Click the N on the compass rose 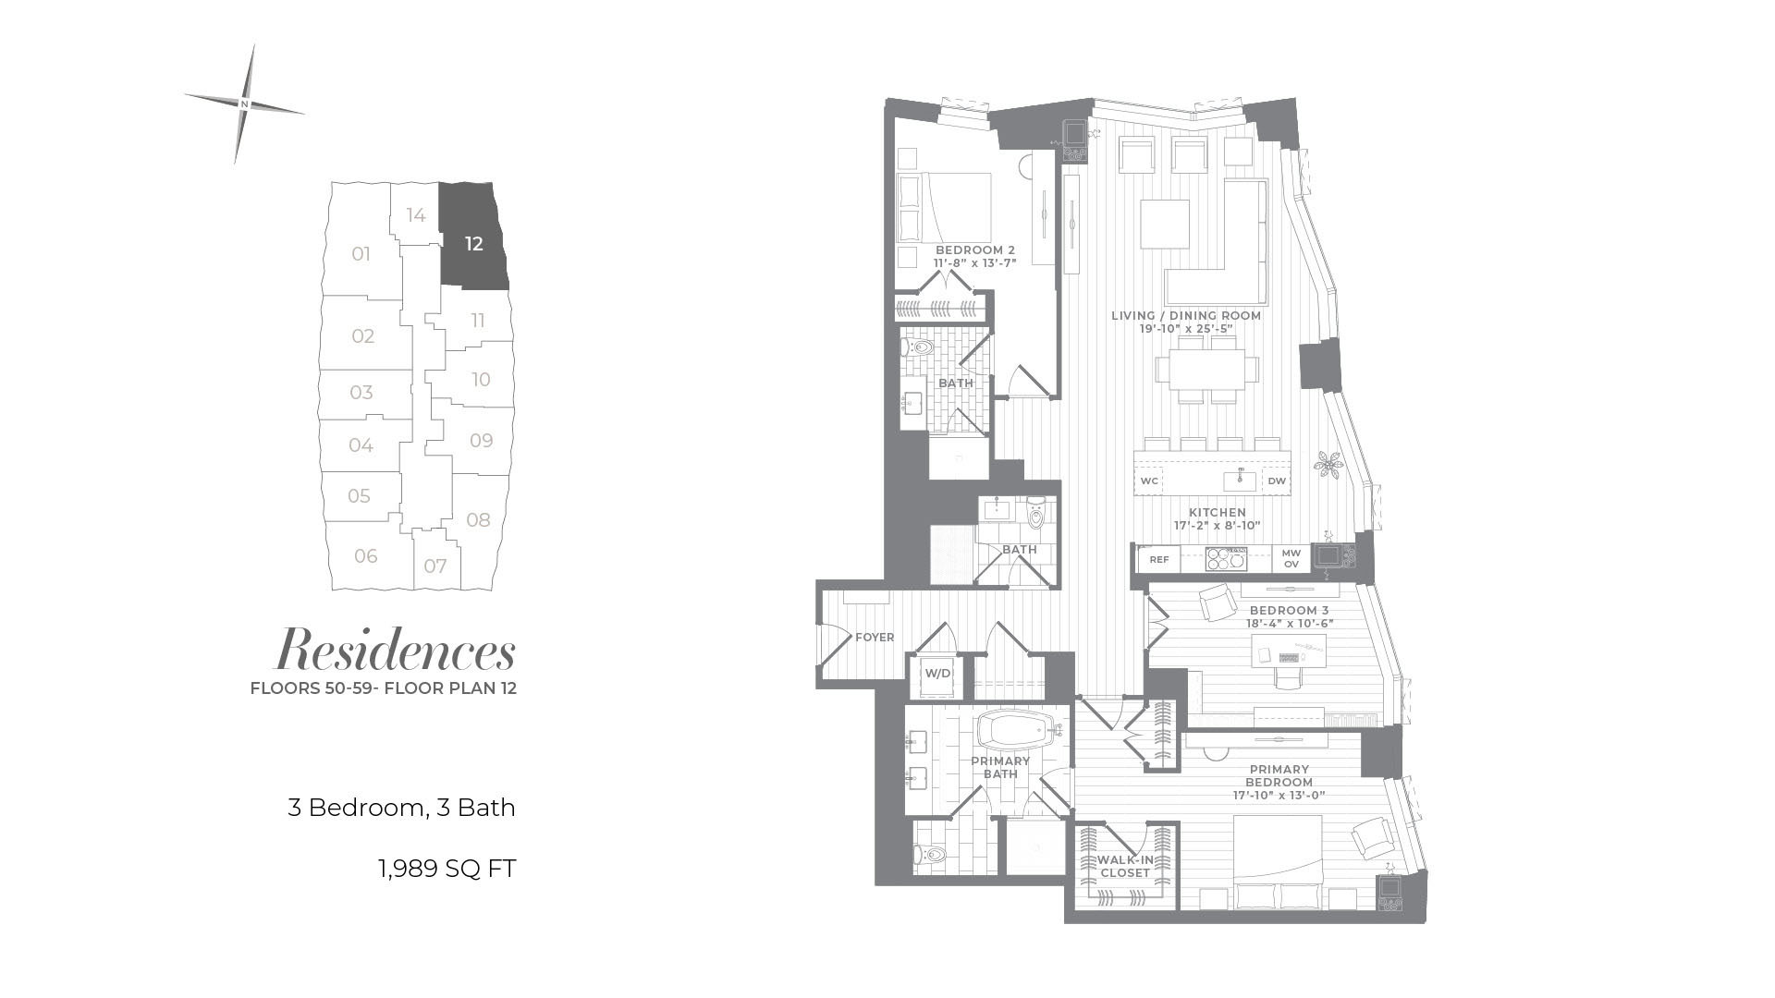(x=244, y=103)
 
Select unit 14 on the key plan (x=416, y=215)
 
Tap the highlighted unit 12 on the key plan (x=474, y=244)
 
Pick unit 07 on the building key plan (x=435, y=566)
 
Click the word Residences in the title (x=396, y=650)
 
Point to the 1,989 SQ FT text (x=447, y=869)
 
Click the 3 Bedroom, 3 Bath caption (x=401, y=808)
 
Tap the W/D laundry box (x=937, y=674)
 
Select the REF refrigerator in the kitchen (x=1159, y=559)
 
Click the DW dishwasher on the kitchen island (x=1277, y=481)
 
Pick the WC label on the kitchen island (x=1149, y=481)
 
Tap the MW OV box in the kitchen (x=1291, y=558)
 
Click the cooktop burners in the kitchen (x=1227, y=559)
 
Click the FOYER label (x=875, y=638)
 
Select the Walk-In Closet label (x=1125, y=866)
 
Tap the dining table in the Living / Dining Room (x=1206, y=370)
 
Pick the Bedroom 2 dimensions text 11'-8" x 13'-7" (x=974, y=262)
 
